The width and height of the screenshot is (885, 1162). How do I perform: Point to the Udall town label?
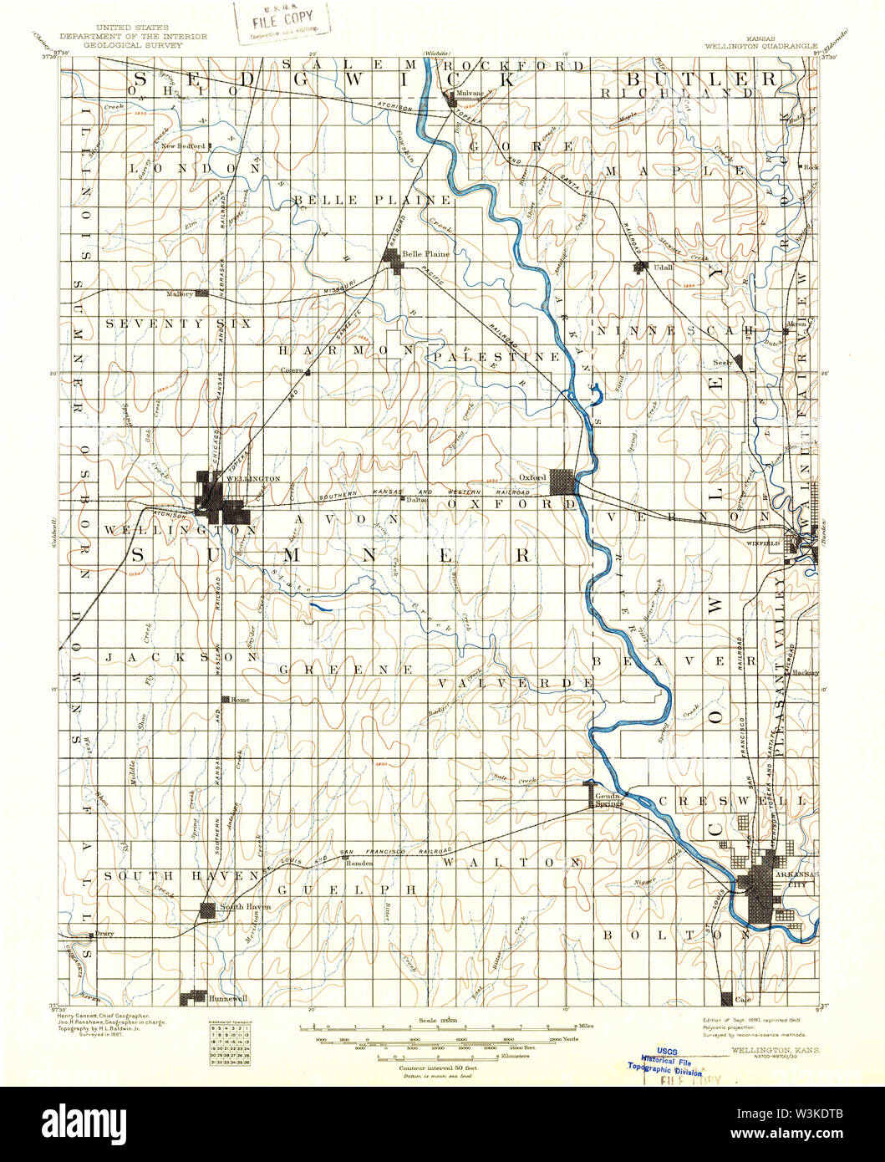[663, 268]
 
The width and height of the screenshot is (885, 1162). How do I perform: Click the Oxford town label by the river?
[532, 477]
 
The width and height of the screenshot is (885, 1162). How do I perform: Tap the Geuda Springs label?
[609, 800]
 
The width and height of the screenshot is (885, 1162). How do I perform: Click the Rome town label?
[240, 699]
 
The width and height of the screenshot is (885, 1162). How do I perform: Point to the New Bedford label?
[183, 145]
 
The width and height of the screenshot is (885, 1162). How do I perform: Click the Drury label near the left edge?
[104, 933]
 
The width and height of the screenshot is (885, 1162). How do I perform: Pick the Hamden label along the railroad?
[359, 863]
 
